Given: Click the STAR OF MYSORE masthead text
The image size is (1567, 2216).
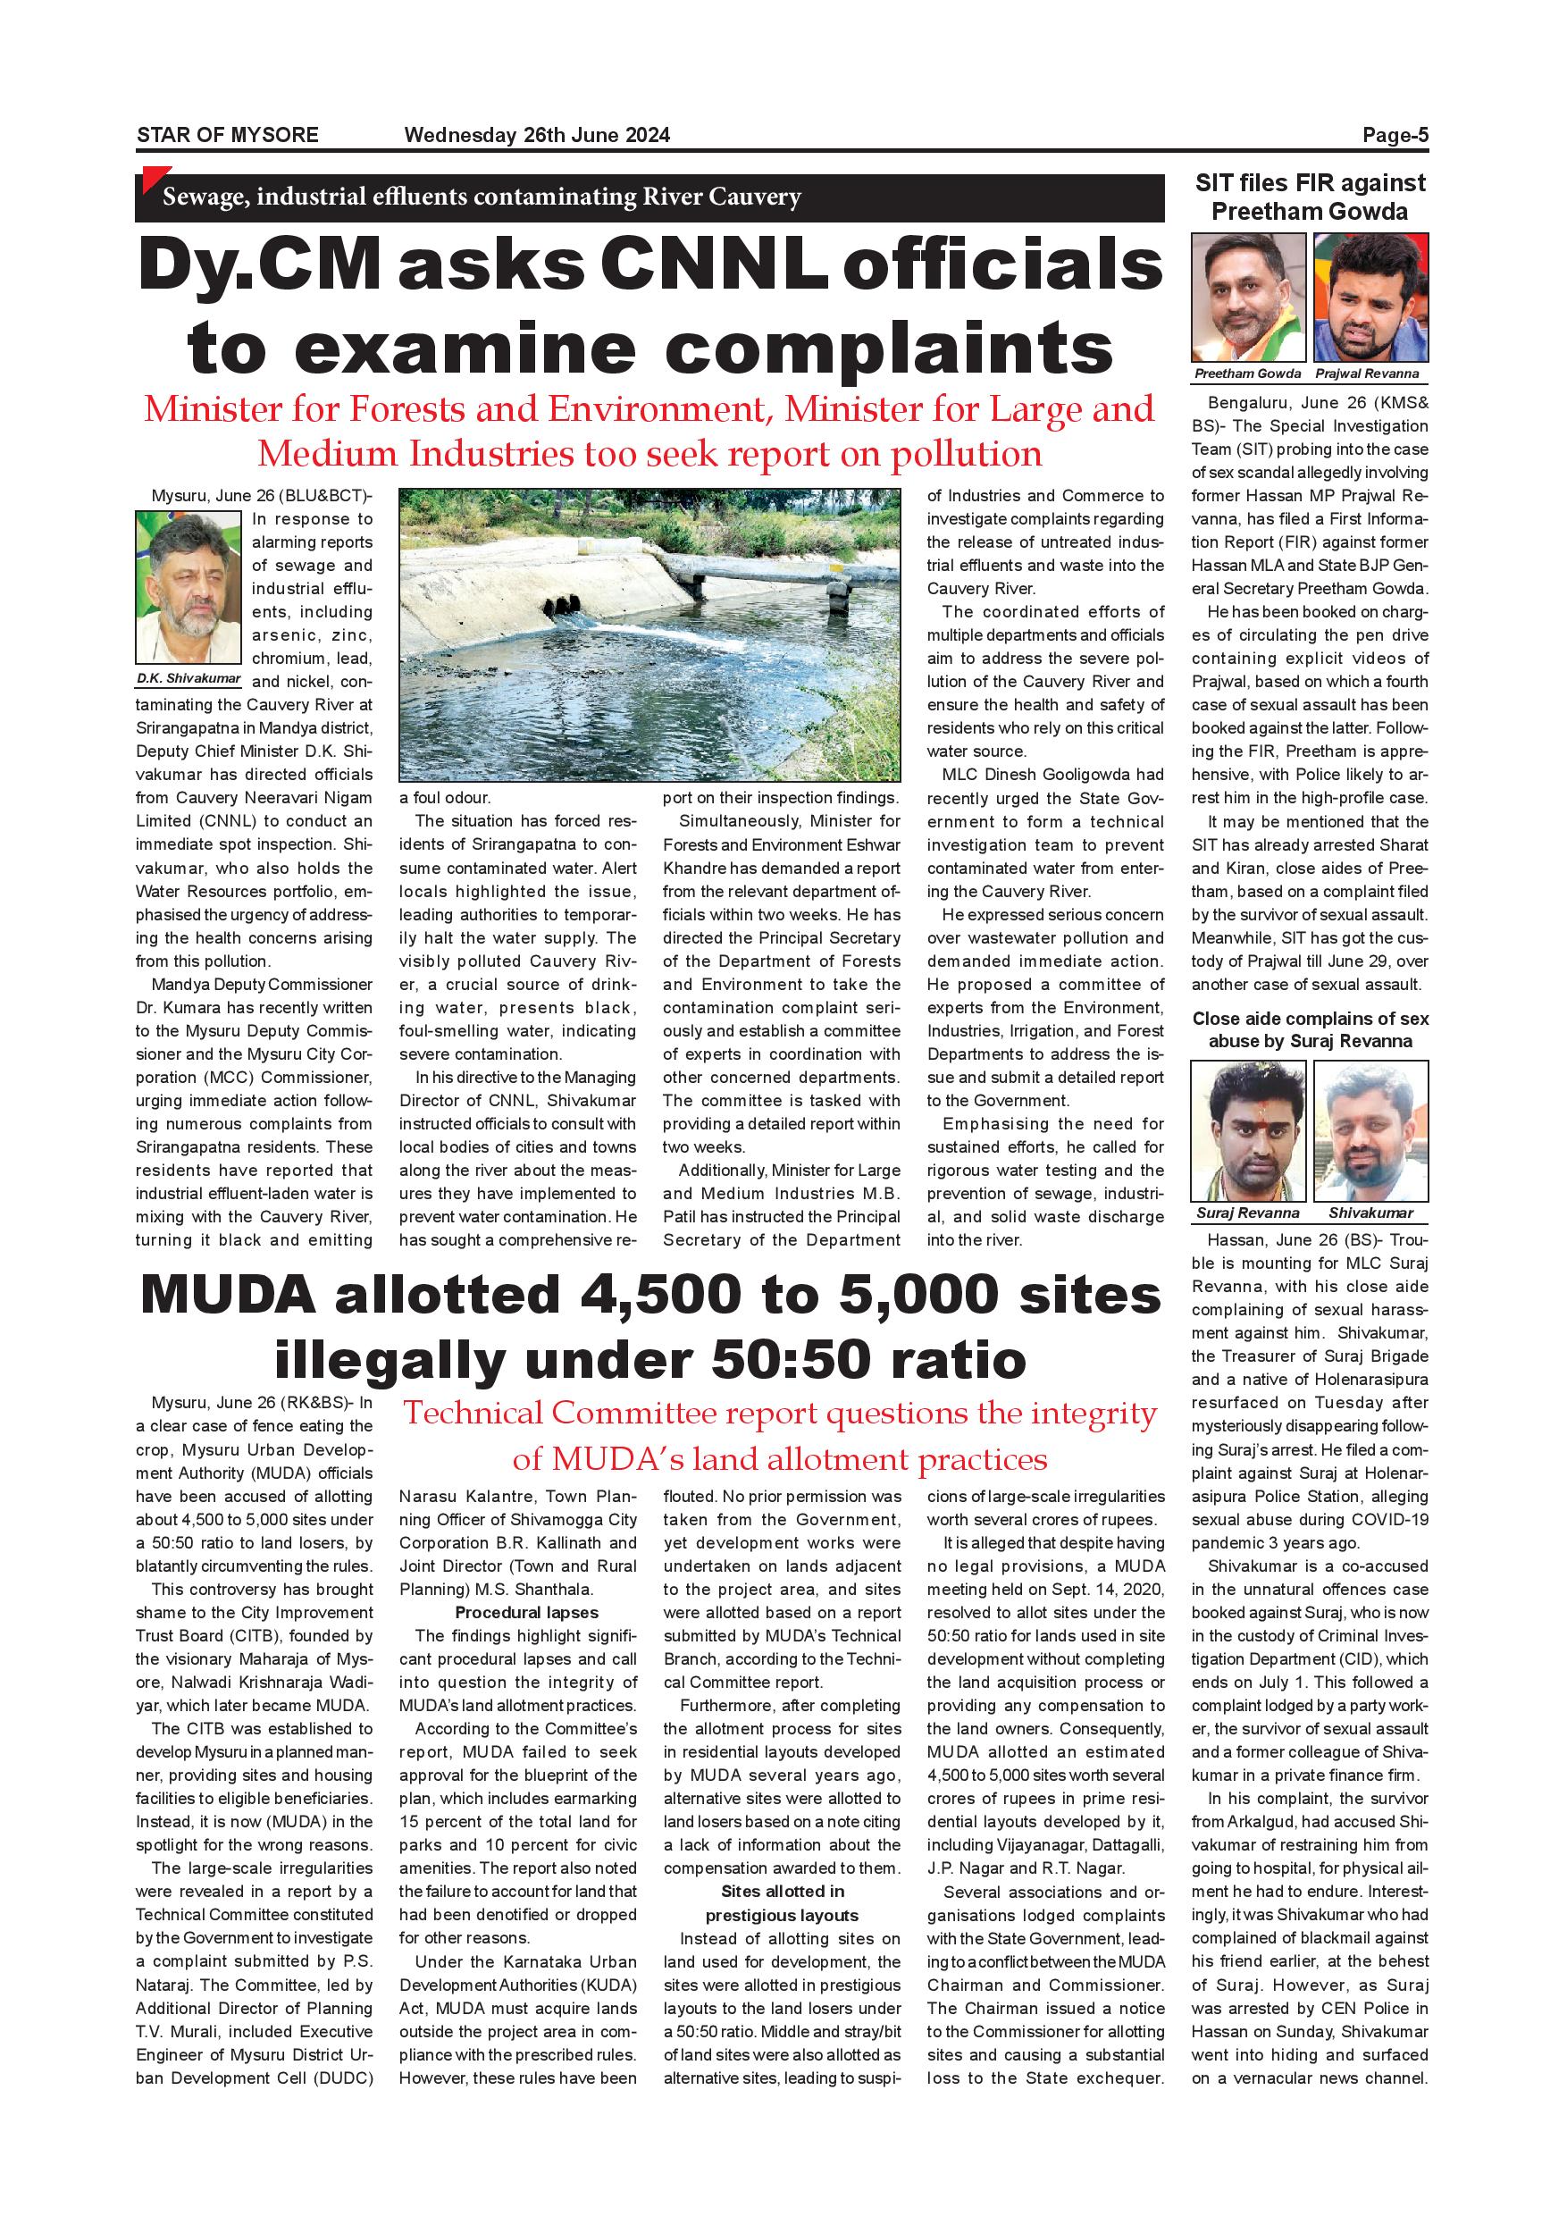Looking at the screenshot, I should click(x=228, y=135).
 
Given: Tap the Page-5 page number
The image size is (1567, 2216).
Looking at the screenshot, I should click(x=1395, y=135).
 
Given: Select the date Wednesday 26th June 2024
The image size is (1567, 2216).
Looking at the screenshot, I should click(x=537, y=135).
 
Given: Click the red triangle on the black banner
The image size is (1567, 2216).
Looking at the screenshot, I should click(x=149, y=178).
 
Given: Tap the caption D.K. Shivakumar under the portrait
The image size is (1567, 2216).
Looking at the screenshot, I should click(x=189, y=678).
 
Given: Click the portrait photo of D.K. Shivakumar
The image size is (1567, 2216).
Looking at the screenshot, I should click(x=189, y=588).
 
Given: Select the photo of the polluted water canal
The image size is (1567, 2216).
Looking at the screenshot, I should click(x=649, y=634).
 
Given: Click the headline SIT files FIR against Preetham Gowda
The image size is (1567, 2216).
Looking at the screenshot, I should click(x=1310, y=197).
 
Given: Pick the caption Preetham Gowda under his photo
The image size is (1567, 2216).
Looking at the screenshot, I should click(x=1248, y=374).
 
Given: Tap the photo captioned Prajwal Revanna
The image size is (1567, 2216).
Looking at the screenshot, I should click(x=1370, y=298).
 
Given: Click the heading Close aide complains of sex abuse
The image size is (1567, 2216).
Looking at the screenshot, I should click(x=1310, y=1030).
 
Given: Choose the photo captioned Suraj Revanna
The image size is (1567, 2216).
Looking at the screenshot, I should click(x=1248, y=1130).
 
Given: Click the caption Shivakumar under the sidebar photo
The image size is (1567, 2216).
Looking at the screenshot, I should click(x=1370, y=1213).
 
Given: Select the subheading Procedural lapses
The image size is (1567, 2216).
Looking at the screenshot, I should click(x=527, y=1613).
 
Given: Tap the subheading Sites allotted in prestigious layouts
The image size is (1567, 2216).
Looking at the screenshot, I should click(x=782, y=1903).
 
